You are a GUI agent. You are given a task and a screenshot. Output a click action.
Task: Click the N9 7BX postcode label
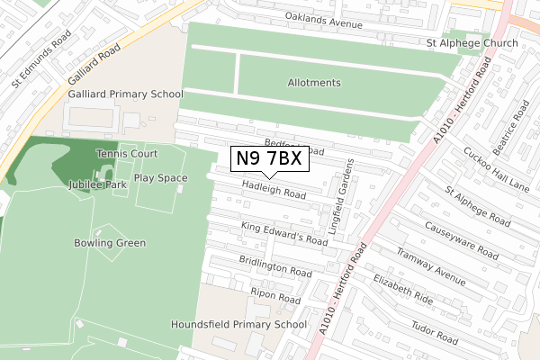270,159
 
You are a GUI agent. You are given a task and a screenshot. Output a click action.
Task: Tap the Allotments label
314,83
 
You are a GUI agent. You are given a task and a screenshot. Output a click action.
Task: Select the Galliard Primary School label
125,94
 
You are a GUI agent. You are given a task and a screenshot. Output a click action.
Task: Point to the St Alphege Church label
473,43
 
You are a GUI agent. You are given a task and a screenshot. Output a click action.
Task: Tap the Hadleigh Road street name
274,189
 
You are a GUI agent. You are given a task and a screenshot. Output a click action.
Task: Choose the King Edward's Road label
284,234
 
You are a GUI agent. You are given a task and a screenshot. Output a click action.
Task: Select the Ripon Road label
275,294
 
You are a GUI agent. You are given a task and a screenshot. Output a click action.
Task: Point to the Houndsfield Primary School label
238,324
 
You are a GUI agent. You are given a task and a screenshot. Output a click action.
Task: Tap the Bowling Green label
111,243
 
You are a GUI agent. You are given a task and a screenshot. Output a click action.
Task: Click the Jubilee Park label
96,184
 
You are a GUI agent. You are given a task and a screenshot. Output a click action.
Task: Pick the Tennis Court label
127,154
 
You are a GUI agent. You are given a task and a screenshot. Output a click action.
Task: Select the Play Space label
160,177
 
